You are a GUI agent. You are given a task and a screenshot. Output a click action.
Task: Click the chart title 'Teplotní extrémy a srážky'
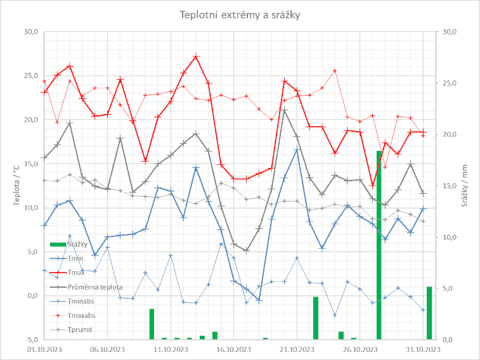(240, 15)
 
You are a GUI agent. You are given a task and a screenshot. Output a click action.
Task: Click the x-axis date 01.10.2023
(45, 348)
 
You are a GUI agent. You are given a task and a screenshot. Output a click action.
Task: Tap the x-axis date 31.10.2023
(424, 348)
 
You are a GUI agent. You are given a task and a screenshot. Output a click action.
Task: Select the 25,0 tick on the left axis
(30, 76)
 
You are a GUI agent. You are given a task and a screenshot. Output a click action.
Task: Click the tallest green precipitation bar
(379, 245)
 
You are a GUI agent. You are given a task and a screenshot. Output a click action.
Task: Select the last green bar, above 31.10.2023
(429, 313)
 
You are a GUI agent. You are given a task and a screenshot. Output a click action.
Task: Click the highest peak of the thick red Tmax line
(196, 56)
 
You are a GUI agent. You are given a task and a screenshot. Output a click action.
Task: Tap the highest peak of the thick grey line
(285, 110)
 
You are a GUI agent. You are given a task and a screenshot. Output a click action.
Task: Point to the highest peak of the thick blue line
(297, 150)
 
